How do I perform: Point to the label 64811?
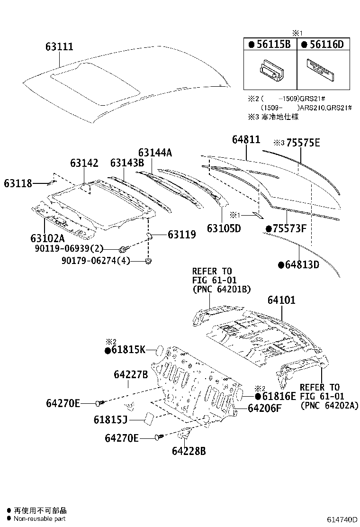(246, 140)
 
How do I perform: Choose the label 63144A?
(155, 152)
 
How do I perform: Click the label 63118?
(18, 183)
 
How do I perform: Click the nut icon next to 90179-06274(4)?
(149, 261)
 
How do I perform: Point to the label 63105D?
(224, 228)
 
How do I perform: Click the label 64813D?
(302, 264)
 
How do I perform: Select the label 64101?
(281, 300)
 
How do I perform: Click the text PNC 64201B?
(221, 289)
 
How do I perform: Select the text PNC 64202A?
(329, 406)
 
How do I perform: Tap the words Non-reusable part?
(40, 519)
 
